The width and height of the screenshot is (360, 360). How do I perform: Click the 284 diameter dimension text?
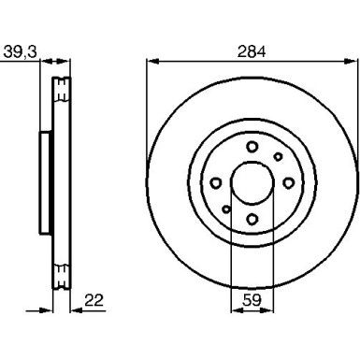tap(252, 51)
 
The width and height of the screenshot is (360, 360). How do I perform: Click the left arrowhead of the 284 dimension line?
tap(151, 63)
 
